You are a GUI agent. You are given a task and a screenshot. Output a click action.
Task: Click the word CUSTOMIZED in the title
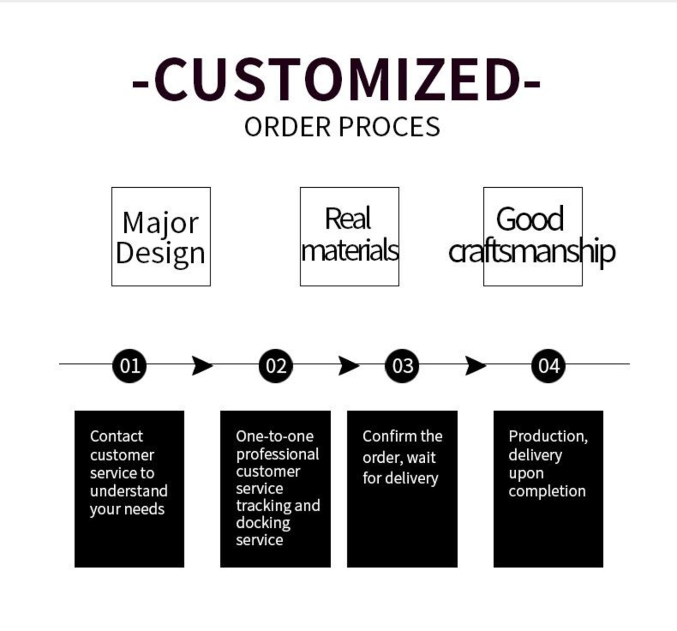pyautogui.click(x=336, y=79)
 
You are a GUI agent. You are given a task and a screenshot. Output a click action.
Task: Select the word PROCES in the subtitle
pyautogui.click(x=389, y=127)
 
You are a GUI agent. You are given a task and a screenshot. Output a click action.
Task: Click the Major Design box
pyautogui.click(x=161, y=236)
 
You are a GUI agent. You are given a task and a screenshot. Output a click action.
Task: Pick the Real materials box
pyautogui.click(x=349, y=236)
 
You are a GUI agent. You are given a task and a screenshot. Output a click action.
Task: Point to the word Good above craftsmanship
pyautogui.click(x=530, y=218)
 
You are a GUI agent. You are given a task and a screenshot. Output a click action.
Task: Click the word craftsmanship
pyautogui.click(x=532, y=251)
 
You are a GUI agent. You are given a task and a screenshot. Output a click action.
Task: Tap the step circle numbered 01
pyautogui.click(x=130, y=365)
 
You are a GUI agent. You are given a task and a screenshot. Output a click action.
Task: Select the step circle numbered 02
pyautogui.click(x=276, y=365)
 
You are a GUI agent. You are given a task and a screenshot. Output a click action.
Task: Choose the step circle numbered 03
pyautogui.click(x=402, y=365)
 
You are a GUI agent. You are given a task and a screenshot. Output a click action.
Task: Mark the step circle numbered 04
pyautogui.click(x=548, y=365)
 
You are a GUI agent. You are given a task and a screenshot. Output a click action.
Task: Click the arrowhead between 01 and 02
pyautogui.click(x=202, y=365)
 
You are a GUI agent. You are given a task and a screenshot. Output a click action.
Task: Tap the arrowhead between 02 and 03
pyautogui.click(x=348, y=365)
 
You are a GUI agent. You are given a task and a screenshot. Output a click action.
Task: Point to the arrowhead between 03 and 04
pyautogui.click(x=475, y=365)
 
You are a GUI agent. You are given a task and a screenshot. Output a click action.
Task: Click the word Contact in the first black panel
pyautogui.click(x=116, y=436)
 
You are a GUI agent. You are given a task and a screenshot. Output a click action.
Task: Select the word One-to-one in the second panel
pyautogui.click(x=275, y=436)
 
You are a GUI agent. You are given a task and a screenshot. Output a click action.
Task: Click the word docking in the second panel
pyautogui.click(x=263, y=523)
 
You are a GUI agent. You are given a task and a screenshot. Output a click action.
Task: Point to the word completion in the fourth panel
pyautogui.click(x=547, y=491)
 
